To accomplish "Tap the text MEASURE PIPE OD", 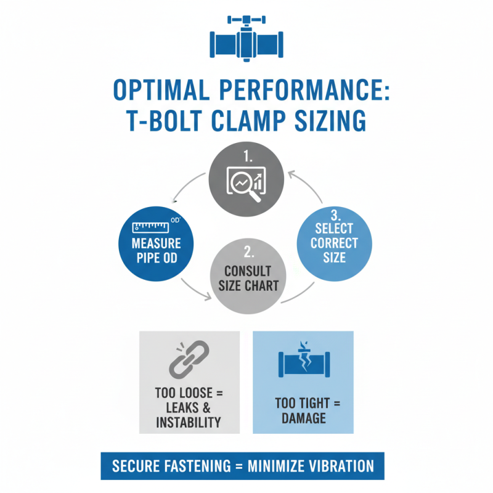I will (157, 250).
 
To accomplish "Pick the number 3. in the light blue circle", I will (335, 215).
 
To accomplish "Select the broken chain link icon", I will (189, 362).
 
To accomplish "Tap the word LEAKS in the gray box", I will (184, 409).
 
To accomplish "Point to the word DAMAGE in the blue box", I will (303, 418).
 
